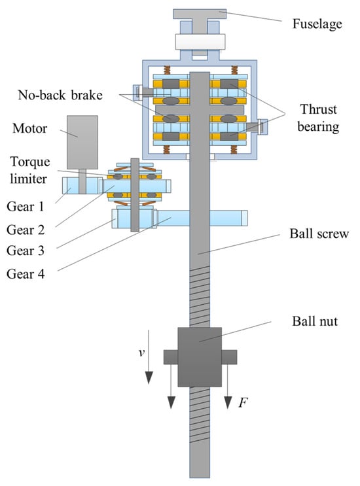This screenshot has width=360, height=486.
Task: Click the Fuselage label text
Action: point(317,24)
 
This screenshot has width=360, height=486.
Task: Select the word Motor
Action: point(29,128)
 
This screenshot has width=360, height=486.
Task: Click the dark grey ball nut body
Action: point(200,356)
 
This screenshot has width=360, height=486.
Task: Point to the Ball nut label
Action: point(314,321)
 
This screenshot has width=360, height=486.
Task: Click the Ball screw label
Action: point(319,234)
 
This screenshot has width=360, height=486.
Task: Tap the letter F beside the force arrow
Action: point(243,403)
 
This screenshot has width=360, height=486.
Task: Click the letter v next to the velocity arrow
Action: point(141,353)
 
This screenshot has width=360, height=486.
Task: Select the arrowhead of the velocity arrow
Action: point(149,377)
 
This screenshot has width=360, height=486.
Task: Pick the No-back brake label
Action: point(60,95)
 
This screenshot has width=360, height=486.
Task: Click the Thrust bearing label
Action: point(318,118)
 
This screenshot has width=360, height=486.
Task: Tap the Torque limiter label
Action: point(29,170)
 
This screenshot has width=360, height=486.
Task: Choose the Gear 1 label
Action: point(26,207)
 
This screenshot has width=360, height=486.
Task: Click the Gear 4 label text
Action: point(26,274)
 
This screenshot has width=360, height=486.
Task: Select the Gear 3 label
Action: point(26,251)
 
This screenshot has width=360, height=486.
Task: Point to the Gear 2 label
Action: point(26,230)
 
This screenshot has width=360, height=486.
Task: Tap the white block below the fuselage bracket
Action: point(200,42)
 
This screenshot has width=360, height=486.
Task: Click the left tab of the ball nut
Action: point(171,357)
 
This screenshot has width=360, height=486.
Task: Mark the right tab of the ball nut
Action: point(229,357)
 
